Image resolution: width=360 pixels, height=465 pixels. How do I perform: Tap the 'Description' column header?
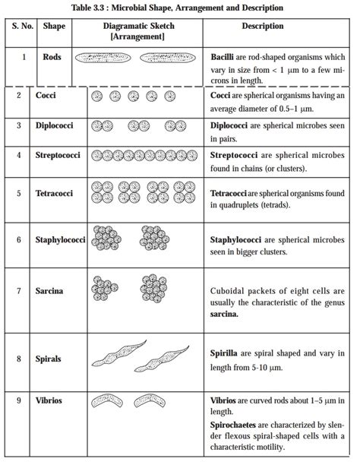point(263,26)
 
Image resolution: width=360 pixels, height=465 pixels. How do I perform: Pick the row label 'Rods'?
point(52,56)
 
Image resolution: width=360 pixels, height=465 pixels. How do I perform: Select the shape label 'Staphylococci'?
point(62,239)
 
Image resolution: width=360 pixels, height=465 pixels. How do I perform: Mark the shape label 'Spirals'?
point(49,358)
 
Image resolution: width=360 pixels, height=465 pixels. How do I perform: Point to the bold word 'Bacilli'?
point(224,56)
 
